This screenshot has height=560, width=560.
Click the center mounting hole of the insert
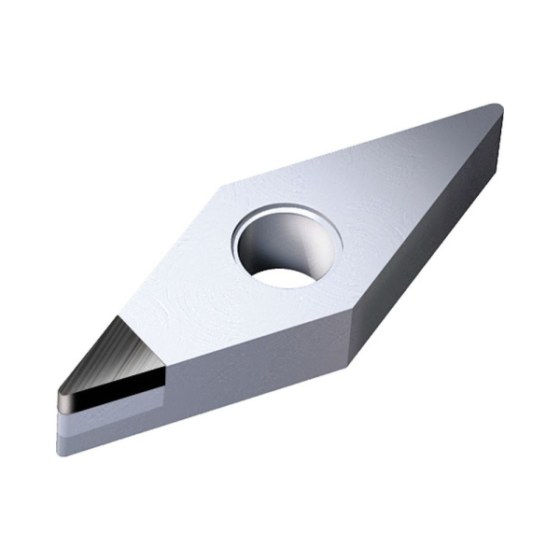point(288,245)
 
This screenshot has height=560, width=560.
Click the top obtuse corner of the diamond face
point(224,183)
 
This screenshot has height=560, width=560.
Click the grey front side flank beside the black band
point(252,373)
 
